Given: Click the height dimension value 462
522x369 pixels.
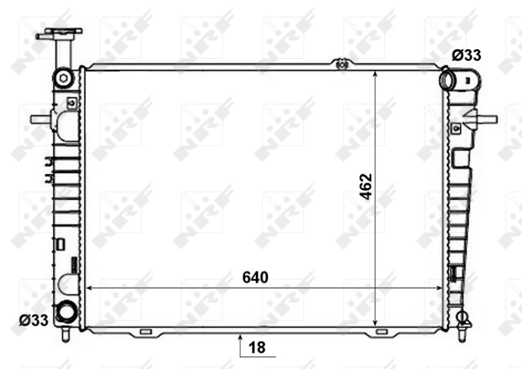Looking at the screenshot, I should click(x=366, y=187).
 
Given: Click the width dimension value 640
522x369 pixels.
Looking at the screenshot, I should click(x=255, y=278).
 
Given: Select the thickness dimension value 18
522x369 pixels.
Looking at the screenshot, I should click(x=258, y=347).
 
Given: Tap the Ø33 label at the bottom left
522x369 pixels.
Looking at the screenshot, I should click(x=33, y=320).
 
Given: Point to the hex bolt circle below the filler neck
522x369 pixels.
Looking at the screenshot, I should click(x=63, y=78).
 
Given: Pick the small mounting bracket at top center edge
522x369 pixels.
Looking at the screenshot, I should click(x=339, y=63).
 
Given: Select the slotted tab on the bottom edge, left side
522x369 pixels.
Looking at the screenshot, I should click(x=145, y=332).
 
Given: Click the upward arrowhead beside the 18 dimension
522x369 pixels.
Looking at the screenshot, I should click(x=241, y=339).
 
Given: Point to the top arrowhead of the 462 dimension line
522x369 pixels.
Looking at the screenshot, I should click(x=375, y=74).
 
